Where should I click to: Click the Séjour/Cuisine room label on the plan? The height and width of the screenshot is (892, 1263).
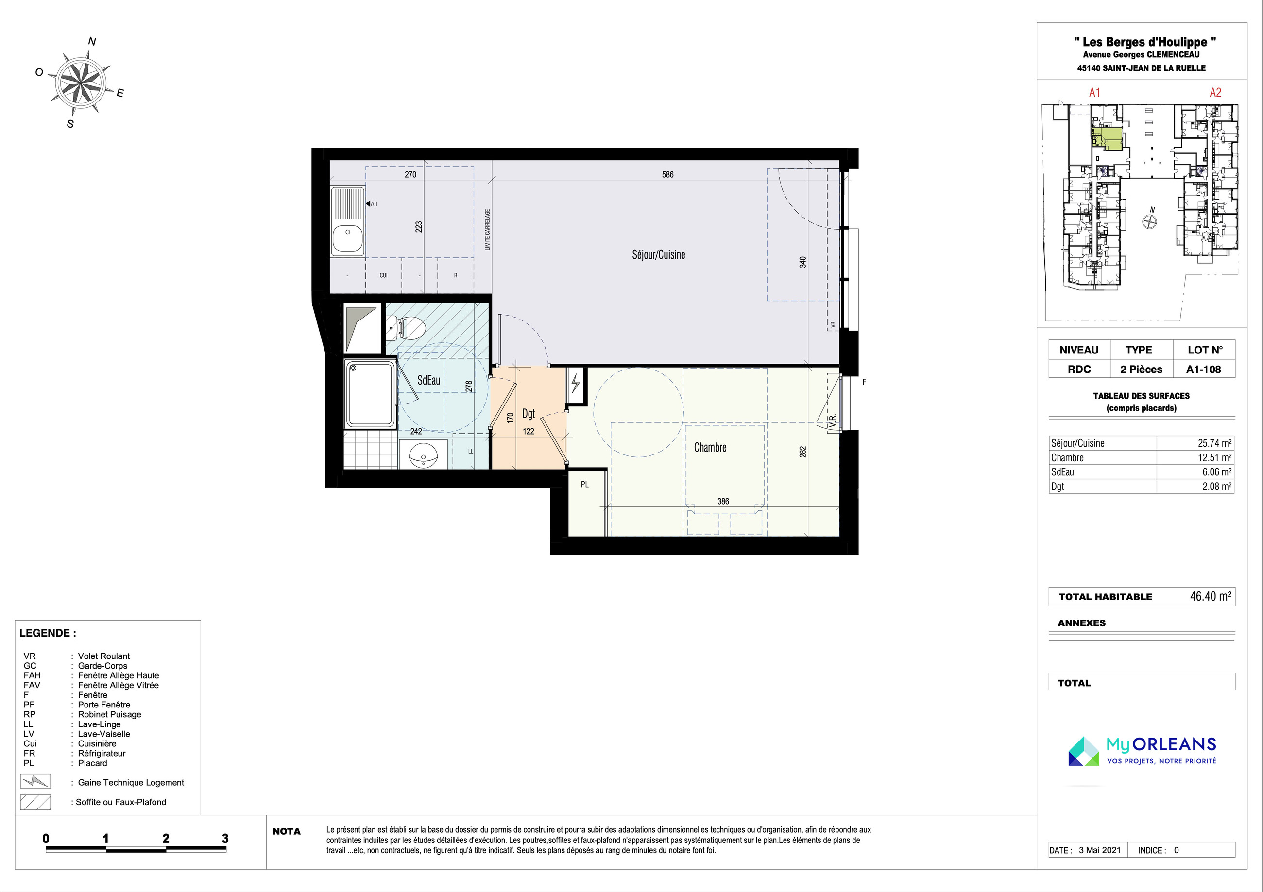[x=658, y=254]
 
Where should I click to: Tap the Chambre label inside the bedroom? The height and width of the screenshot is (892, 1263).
[x=710, y=448]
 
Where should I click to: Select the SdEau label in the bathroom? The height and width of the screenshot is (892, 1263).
[x=428, y=380]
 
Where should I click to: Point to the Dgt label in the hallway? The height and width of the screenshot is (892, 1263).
[x=528, y=414]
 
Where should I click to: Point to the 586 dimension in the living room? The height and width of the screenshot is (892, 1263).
[x=667, y=175]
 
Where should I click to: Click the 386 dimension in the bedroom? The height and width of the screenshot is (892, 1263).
[x=723, y=502]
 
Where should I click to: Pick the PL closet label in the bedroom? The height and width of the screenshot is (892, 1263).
[x=585, y=485]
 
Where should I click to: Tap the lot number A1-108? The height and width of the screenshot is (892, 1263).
[x=1204, y=370]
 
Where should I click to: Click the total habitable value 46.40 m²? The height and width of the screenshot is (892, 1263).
[x=1211, y=596]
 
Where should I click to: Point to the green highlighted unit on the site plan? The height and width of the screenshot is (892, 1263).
[x=1107, y=138]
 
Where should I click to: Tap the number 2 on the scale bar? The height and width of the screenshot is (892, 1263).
[x=166, y=838]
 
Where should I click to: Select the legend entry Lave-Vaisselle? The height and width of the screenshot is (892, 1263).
[x=104, y=734]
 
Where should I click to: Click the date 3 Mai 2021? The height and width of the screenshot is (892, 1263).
[x=1100, y=850]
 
